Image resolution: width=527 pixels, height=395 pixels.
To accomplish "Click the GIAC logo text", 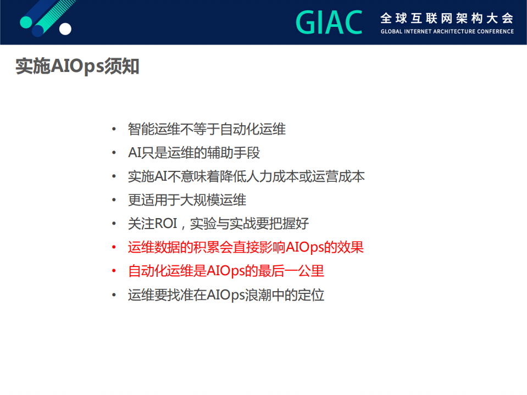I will [x=329, y=23].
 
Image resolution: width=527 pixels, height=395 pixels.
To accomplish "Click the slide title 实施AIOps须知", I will [x=77, y=66].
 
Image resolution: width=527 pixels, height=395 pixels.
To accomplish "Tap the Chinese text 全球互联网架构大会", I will [x=447, y=18].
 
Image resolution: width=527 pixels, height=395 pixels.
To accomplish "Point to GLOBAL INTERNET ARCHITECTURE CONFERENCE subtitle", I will [x=447, y=31].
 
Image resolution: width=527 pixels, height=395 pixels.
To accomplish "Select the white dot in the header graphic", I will [x=65, y=29].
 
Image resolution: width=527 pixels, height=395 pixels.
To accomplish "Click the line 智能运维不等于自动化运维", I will [x=207, y=129].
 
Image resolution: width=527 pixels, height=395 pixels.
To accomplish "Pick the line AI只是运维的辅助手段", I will [x=194, y=153].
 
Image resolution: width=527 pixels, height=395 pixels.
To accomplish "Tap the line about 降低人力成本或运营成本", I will [x=246, y=176].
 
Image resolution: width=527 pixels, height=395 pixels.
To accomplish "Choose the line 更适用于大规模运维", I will [x=187, y=200].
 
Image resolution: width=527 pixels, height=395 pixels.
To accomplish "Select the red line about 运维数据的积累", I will [x=246, y=247].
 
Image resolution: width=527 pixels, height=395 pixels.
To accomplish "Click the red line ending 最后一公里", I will [x=226, y=271].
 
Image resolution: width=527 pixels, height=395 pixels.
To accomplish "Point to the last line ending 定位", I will [x=226, y=294].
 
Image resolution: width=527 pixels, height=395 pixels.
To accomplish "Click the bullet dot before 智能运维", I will [x=114, y=130].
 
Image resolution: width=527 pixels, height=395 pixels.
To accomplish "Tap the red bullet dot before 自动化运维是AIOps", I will [x=114, y=271].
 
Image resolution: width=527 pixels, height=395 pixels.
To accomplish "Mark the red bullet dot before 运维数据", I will [x=114, y=248].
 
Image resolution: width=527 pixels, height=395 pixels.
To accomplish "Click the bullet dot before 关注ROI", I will [x=114, y=224].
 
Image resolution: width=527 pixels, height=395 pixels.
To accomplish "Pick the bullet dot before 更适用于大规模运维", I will [x=114, y=201].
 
